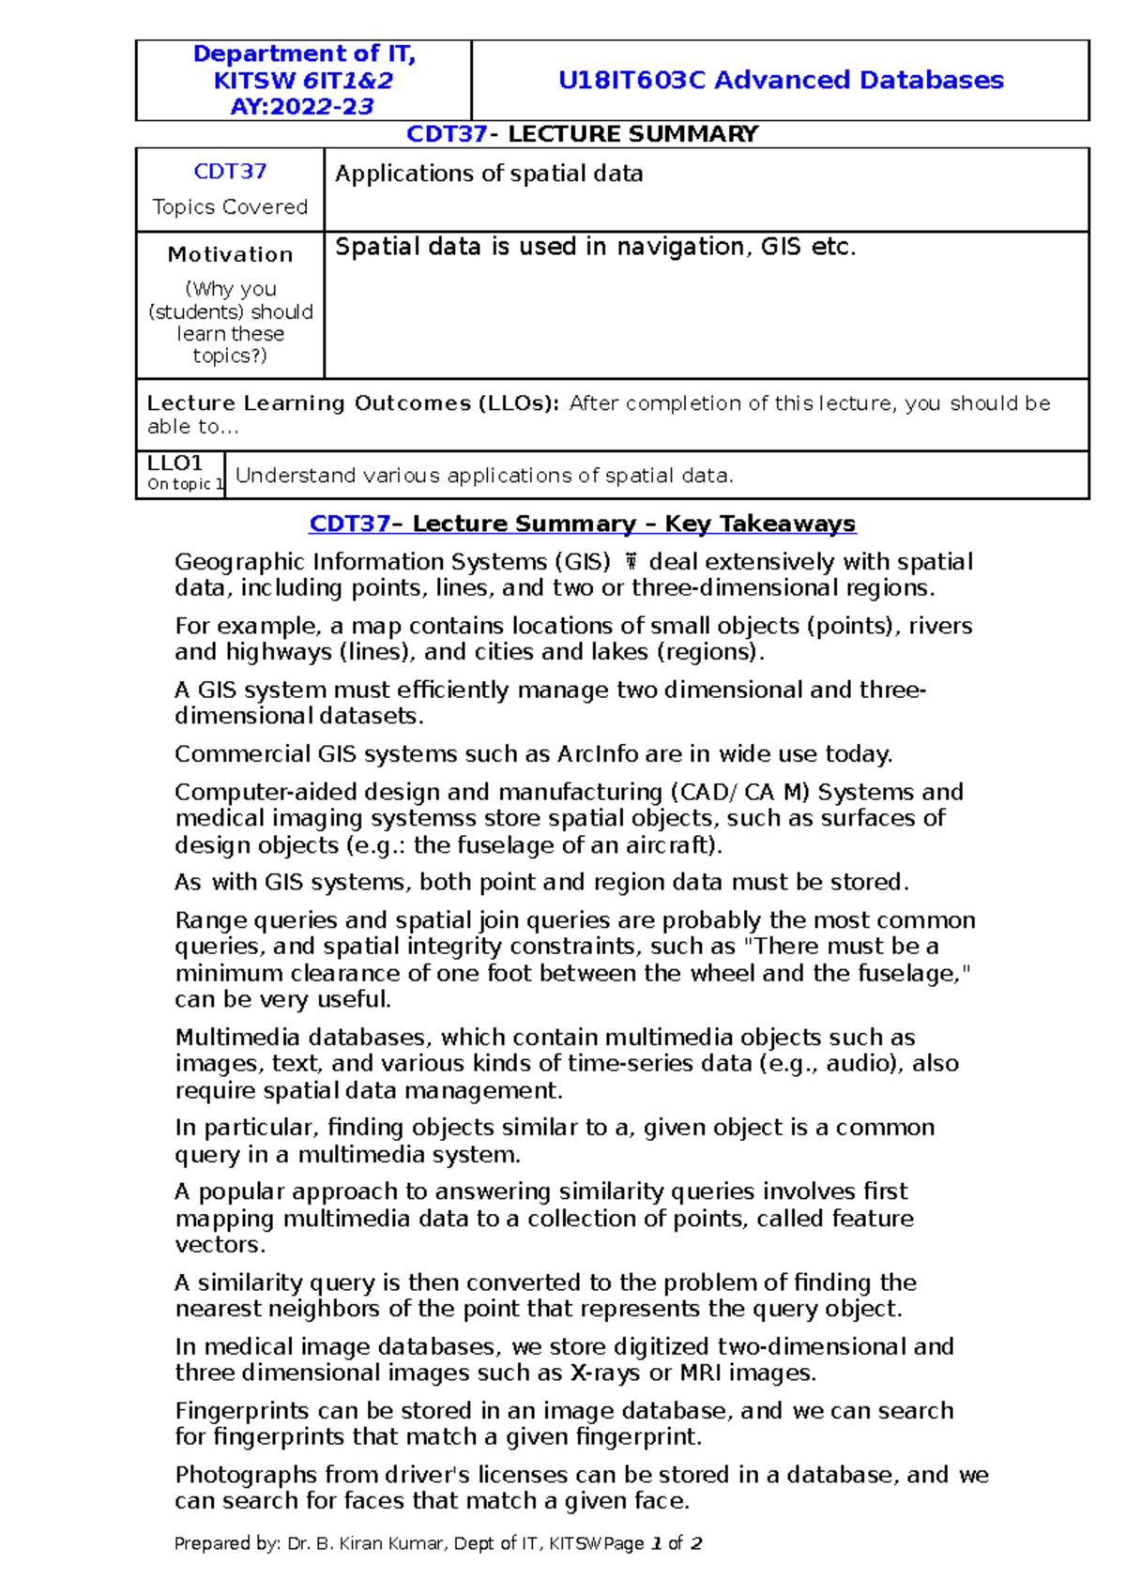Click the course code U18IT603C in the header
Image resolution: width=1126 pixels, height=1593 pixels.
[631, 80]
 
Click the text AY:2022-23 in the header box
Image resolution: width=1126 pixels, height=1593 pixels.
[302, 107]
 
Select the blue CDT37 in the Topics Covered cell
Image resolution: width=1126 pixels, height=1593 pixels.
[230, 172]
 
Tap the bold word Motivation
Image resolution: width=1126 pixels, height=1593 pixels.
[230, 254]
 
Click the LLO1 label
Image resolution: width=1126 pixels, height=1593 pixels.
[175, 463]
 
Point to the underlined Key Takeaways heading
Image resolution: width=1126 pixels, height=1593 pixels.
[582, 523]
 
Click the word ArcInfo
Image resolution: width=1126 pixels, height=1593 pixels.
[598, 754]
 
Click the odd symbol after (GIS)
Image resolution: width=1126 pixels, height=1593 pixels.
[631, 563]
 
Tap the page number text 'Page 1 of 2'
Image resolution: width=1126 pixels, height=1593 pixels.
[653, 1543]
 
